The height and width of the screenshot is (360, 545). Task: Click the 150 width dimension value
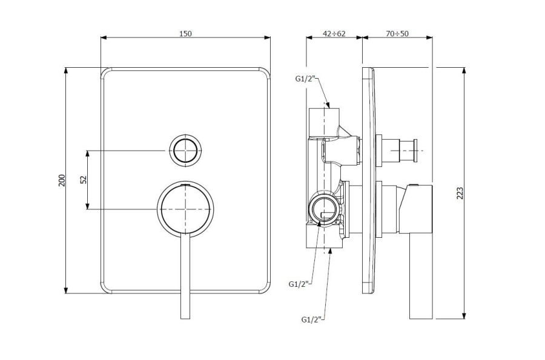[x=185, y=33]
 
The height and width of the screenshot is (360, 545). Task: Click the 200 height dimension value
[x=61, y=180]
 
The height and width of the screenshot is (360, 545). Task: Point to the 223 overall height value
[x=460, y=193]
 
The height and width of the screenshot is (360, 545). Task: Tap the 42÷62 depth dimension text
[x=334, y=33]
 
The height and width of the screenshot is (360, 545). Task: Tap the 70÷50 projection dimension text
[x=397, y=33]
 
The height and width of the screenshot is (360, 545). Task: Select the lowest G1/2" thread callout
[x=311, y=319]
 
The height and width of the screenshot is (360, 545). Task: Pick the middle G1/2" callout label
[x=299, y=284]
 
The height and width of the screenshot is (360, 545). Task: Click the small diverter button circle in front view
[x=185, y=149]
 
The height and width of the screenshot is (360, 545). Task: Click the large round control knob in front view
[x=185, y=208]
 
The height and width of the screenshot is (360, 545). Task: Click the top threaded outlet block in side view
[x=325, y=122]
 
